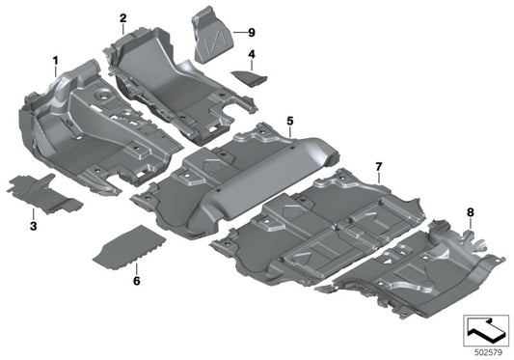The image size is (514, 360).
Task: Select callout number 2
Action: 123,18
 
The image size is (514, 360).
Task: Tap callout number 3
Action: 32,226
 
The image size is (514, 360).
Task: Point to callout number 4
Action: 251,54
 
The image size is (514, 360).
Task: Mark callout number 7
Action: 379,166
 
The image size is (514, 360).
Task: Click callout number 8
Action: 470,210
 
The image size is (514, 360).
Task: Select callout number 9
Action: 250,32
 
